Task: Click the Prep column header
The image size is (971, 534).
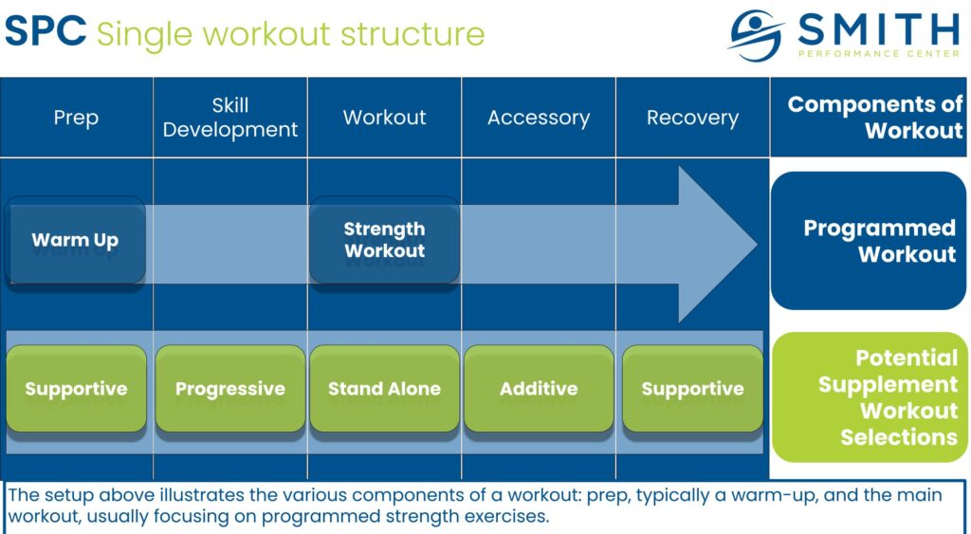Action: (76, 118)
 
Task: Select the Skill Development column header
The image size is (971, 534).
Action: (230, 118)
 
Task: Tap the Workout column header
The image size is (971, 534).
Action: (384, 118)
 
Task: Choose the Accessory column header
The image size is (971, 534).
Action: (539, 118)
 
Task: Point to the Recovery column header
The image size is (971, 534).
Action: (692, 118)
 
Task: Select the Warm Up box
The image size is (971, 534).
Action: (75, 240)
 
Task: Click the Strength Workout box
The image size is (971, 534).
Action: (384, 240)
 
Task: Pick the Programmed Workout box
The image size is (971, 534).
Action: (869, 241)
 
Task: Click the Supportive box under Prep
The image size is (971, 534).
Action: (76, 389)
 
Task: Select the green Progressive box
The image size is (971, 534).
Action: (230, 389)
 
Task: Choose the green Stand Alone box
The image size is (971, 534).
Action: (384, 389)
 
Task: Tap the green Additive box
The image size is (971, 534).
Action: (539, 389)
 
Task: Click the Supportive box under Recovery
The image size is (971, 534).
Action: (692, 389)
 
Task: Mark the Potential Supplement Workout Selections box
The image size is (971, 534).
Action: (870, 397)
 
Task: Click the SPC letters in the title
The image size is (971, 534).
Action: (46, 33)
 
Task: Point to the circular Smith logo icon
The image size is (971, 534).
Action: (756, 35)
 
